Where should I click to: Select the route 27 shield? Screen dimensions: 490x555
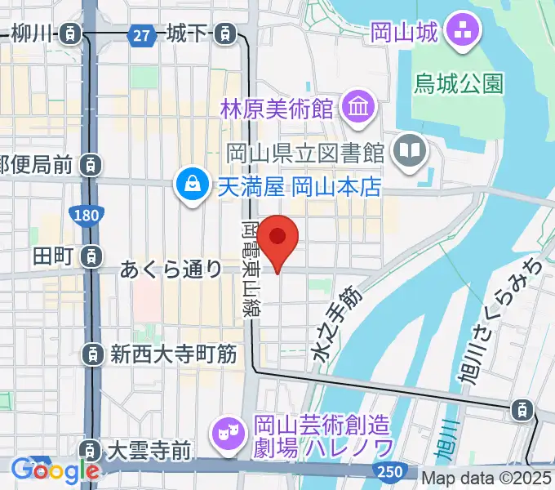pos(142,34)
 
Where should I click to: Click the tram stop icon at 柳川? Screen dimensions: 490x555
pos(72,34)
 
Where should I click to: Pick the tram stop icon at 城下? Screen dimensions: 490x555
pos(222,34)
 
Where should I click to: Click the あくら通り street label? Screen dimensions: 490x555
pos(171,268)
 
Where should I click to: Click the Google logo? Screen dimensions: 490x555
pos(55,470)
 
